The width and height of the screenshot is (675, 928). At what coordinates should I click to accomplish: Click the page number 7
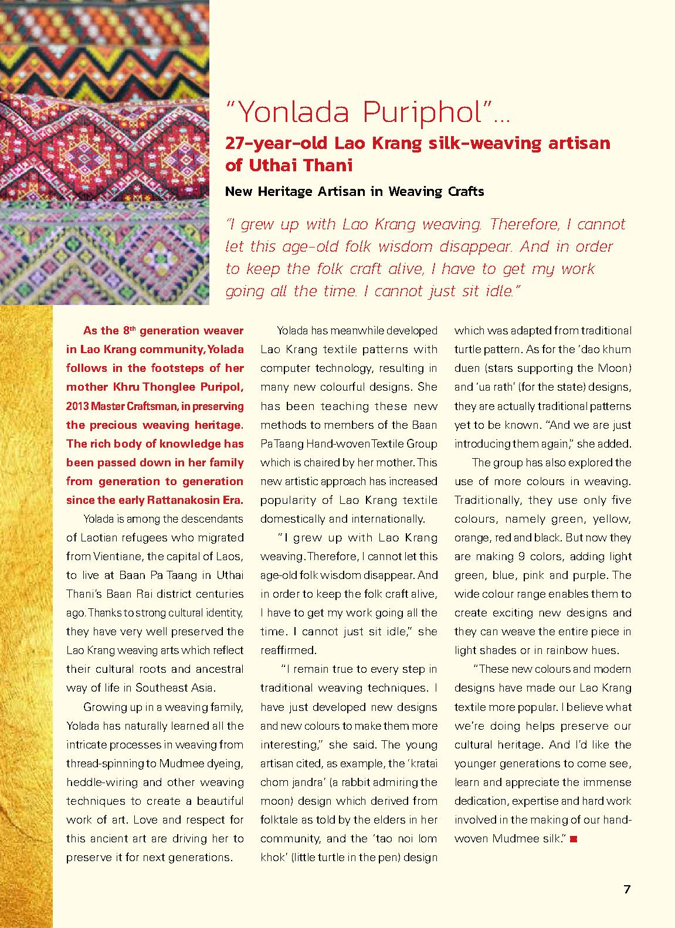[627, 889]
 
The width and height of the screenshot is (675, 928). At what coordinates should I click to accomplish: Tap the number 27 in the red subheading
[236, 143]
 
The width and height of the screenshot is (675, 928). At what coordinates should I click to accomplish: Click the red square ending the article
[573, 839]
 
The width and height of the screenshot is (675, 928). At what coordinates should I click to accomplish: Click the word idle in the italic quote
[496, 291]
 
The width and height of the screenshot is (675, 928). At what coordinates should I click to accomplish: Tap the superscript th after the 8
[133, 328]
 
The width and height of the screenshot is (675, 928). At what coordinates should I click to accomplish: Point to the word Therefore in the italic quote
[527, 224]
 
